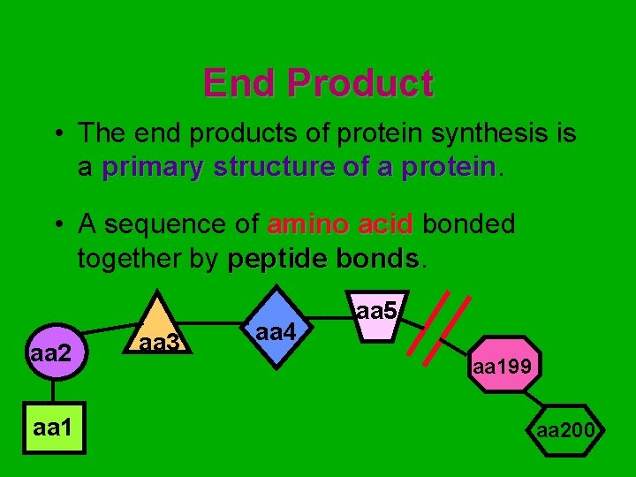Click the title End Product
[x=318, y=84]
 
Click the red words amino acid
[x=339, y=224]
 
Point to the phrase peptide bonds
[x=323, y=260]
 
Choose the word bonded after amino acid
[x=468, y=224]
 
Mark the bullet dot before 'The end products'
[x=56, y=135]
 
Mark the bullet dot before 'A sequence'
[x=56, y=225]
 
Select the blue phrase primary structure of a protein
[x=299, y=168]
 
